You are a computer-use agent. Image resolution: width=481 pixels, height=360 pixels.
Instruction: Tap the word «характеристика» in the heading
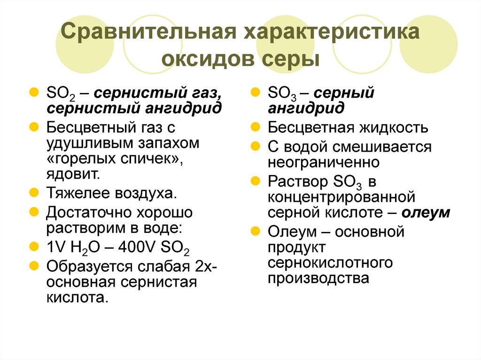click(x=332, y=32)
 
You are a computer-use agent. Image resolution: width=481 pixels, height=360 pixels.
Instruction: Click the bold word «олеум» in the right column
click(x=426, y=212)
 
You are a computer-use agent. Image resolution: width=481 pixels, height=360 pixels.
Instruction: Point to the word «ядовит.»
click(x=73, y=174)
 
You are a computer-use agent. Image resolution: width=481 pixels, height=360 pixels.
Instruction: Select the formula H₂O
click(x=85, y=247)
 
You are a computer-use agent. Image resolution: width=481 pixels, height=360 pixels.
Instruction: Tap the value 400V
click(x=137, y=247)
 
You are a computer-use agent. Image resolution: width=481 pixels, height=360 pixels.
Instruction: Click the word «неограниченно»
click(x=324, y=162)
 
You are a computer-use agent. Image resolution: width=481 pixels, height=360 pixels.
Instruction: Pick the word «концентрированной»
click(x=341, y=197)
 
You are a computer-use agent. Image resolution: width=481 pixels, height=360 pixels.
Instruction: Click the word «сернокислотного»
click(x=330, y=263)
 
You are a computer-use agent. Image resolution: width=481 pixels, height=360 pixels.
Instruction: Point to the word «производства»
click(x=318, y=279)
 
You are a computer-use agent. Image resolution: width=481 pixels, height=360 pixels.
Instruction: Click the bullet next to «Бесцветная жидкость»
click(x=255, y=127)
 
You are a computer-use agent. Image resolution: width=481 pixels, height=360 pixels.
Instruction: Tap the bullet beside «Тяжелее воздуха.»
click(x=34, y=192)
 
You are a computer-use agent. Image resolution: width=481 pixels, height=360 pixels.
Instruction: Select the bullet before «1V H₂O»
click(x=34, y=246)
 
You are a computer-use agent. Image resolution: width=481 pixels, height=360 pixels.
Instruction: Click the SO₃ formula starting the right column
click(x=282, y=93)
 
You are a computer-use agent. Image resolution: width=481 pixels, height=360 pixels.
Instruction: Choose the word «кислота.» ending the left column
click(x=78, y=298)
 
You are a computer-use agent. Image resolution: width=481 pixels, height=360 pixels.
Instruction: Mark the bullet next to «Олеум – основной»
click(x=255, y=231)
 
